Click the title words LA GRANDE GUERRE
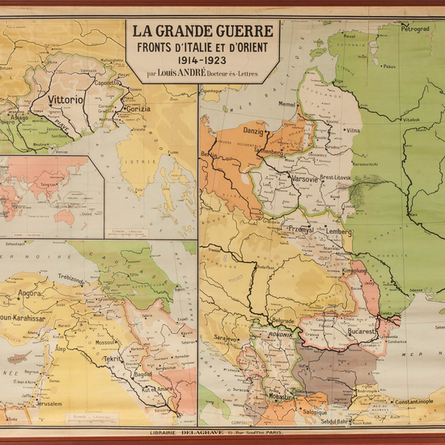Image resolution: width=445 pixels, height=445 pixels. pyautogui.click(x=201, y=33)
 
